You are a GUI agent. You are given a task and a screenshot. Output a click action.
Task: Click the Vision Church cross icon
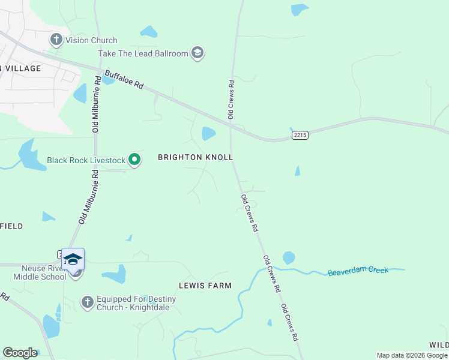(56, 40)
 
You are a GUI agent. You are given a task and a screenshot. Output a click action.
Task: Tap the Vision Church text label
(91, 40)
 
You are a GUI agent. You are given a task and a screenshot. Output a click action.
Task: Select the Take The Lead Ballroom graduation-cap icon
(197, 53)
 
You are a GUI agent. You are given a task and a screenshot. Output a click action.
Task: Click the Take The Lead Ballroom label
(143, 53)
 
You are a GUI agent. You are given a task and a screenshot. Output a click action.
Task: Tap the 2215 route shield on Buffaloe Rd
(300, 135)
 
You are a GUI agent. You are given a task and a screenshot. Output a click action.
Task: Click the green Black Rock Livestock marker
(135, 160)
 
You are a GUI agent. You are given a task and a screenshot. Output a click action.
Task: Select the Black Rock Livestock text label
(86, 161)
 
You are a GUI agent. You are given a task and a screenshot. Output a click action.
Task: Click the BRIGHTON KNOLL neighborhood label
(195, 157)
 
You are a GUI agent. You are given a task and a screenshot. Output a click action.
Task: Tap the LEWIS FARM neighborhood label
(205, 286)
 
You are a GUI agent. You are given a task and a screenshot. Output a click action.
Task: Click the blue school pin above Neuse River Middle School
(73, 259)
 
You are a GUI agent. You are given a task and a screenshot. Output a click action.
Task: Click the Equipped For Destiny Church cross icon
(87, 302)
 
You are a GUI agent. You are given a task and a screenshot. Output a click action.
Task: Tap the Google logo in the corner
(20, 353)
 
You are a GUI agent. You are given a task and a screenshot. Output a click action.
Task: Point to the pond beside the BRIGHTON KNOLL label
(208, 133)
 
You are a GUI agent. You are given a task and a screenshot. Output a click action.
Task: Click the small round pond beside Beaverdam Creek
(289, 258)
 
